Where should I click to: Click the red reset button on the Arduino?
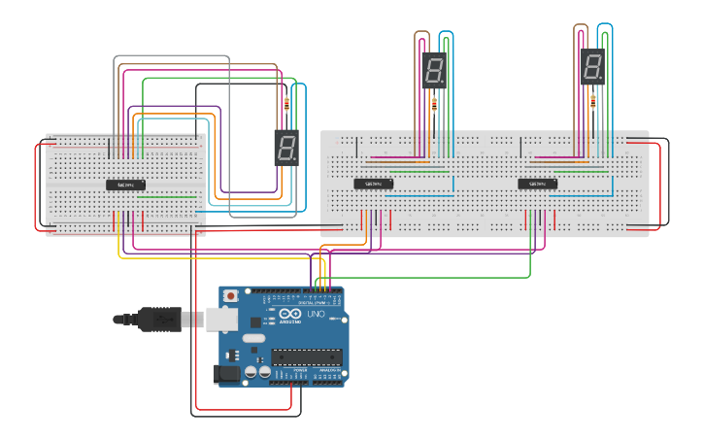pyautogui.click(x=230, y=295)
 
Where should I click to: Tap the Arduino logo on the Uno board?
pyautogui.click(x=290, y=314)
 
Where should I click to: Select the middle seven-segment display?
pyautogui.click(x=434, y=70)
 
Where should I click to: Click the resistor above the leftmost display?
pyautogui.click(x=285, y=104)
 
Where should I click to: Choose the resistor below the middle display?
pyautogui.click(x=434, y=104)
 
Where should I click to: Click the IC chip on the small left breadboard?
pyautogui.click(x=126, y=185)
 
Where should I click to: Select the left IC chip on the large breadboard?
pyautogui.click(x=373, y=183)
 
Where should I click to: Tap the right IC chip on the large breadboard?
pyautogui.click(x=537, y=183)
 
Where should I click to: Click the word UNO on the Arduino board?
pyautogui.click(x=316, y=315)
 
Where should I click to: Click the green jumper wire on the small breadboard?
pyautogui.click(x=165, y=196)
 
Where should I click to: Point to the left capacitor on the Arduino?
pyautogui.click(x=251, y=371)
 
